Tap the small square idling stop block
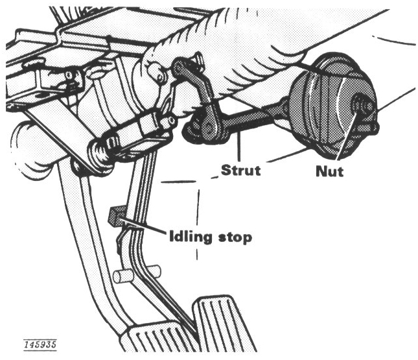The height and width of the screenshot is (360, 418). pos(117,215)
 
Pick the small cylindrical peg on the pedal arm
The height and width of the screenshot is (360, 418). pos(123,275)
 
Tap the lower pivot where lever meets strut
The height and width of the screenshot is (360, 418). pos(208,127)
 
